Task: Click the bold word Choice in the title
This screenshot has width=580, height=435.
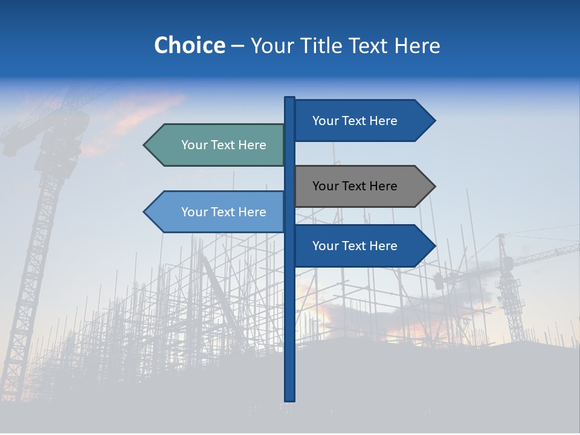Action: coord(189,45)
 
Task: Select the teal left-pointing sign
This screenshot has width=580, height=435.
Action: coord(217,145)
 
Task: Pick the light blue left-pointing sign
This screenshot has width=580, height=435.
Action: coord(217,211)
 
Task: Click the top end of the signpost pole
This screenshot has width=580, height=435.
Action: coord(290,98)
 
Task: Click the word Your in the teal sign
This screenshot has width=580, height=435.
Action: coord(194,145)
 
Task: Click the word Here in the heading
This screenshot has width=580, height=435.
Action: coord(417,45)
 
